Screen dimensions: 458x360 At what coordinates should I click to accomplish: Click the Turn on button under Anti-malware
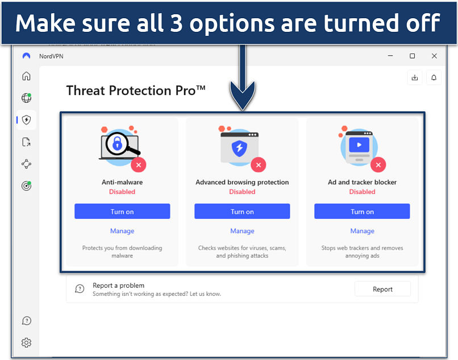click(122, 211)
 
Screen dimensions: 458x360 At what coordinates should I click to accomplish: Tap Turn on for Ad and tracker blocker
click(362, 211)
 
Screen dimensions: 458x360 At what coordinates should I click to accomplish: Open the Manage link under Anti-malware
click(122, 231)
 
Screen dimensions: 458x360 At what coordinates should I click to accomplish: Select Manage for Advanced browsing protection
click(242, 231)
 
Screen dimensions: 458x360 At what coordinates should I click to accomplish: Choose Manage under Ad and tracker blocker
click(362, 231)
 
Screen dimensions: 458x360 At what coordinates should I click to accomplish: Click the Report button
click(382, 289)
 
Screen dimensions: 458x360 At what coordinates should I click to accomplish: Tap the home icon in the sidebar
click(26, 76)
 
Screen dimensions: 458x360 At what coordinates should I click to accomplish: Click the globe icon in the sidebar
click(26, 98)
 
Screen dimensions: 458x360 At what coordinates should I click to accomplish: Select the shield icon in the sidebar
click(26, 119)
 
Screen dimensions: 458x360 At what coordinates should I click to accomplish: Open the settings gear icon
click(26, 342)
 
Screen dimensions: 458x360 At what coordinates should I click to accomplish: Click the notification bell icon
click(434, 77)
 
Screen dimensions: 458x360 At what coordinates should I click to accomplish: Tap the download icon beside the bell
click(414, 77)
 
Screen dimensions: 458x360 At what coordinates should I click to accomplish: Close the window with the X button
click(434, 56)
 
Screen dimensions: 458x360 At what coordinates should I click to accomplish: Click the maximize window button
click(412, 56)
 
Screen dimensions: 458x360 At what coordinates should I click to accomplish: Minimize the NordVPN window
click(390, 56)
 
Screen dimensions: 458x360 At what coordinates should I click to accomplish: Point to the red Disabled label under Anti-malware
click(122, 192)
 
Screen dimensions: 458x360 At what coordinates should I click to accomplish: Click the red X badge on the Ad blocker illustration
click(378, 165)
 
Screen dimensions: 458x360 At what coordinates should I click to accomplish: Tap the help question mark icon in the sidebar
click(26, 321)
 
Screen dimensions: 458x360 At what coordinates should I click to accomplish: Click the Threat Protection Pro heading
click(136, 90)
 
